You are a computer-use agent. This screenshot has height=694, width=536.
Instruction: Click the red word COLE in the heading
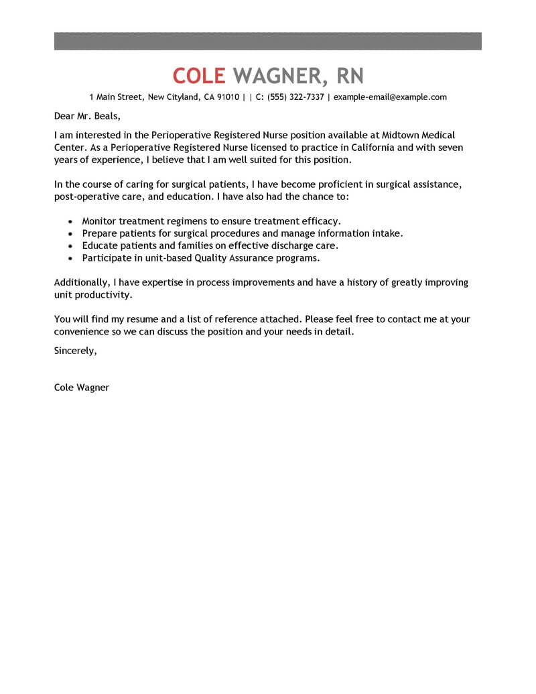(x=199, y=74)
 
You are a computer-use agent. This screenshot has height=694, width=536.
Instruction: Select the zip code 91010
(x=228, y=97)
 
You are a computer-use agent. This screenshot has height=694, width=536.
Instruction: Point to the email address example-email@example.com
(x=390, y=97)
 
